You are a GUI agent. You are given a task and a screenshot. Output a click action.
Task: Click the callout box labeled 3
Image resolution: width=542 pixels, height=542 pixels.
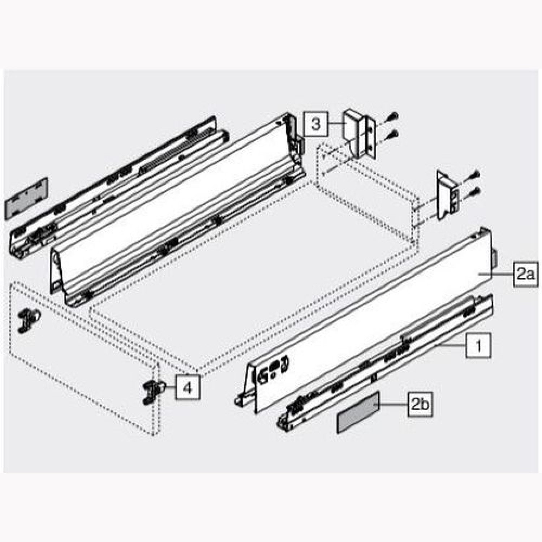tap(316, 124)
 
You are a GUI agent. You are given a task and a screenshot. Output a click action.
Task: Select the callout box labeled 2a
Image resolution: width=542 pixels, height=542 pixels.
tap(525, 274)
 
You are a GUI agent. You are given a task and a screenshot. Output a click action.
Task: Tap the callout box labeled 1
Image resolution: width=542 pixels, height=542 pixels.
tap(478, 345)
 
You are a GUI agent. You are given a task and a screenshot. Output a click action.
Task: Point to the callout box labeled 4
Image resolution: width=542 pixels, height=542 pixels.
tap(188, 387)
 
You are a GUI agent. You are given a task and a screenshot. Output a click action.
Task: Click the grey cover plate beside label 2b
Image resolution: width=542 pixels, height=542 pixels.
tap(358, 412)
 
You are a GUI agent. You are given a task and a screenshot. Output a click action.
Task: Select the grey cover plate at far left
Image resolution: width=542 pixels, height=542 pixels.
tap(26, 199)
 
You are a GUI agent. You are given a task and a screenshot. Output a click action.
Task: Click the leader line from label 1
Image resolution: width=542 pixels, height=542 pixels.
tap(452, 346)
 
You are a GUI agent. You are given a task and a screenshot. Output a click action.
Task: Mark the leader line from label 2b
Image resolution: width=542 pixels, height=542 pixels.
tap(393, 404)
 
